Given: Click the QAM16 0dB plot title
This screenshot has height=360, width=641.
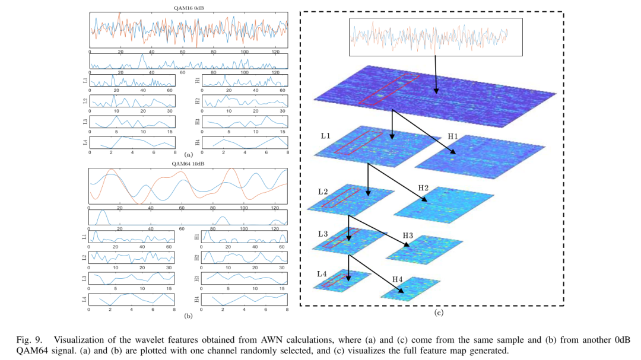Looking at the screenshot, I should [188, 8].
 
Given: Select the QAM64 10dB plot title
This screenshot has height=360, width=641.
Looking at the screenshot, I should [188, 164].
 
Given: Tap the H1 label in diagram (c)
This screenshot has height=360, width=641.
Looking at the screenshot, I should [453, 136].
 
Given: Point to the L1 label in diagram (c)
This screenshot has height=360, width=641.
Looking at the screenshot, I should [325, 136].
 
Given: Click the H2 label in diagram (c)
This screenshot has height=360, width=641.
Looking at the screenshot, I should [423, 188].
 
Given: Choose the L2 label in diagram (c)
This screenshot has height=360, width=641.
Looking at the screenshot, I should [323, 192].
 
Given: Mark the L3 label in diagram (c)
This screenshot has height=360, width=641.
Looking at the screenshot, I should [323, 234].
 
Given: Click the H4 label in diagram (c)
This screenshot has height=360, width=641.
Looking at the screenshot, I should [398, 279].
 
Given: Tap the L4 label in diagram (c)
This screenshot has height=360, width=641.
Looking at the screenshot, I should [322, 273].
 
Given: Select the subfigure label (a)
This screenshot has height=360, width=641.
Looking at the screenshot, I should [188, 154].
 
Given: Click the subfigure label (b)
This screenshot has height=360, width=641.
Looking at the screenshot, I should [188, 316].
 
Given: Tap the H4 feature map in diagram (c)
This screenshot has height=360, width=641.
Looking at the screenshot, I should [410, 289].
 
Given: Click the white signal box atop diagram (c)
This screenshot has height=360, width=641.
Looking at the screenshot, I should [435, 37].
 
